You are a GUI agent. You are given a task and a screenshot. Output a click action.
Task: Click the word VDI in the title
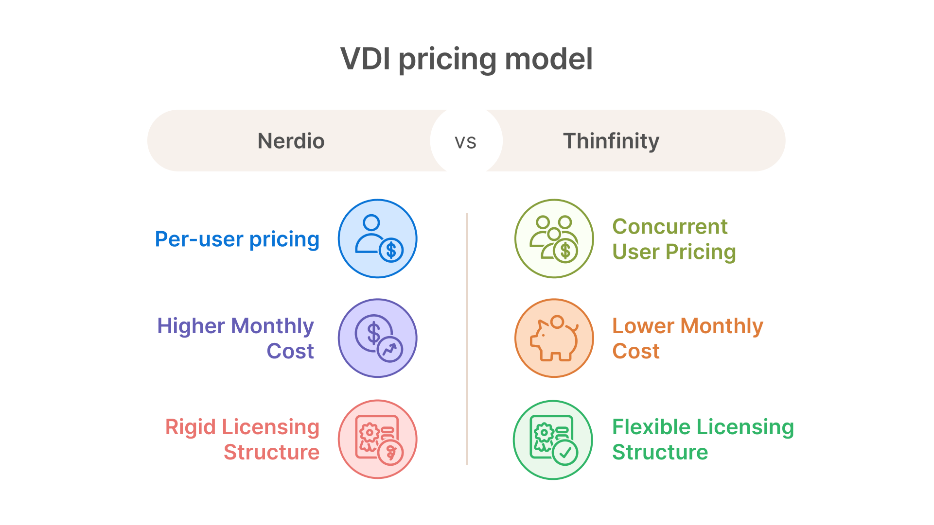(365, 59)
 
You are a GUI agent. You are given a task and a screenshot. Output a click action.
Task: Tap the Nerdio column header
(291, 141)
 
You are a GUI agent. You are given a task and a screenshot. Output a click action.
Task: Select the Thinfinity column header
(611, 141)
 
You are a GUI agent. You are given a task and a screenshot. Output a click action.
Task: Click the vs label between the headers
(466, 142)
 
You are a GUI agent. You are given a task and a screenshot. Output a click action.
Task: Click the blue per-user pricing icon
(378, 238)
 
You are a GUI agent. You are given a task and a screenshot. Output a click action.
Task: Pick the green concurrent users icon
(554, 238)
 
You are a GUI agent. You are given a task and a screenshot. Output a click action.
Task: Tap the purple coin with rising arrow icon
(378, 338)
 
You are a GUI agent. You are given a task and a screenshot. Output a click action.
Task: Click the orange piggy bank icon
(554, 338)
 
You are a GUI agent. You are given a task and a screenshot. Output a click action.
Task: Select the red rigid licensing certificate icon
(378, 439)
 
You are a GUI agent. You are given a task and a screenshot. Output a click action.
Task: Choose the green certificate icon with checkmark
(553, 440)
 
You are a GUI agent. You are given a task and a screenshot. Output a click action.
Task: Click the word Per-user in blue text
(199, 239)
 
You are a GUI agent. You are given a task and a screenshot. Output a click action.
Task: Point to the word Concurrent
(670, 227)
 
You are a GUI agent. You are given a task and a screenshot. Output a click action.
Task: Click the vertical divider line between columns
(467, 339)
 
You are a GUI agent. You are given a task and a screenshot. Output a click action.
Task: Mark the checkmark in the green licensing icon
(565, 453)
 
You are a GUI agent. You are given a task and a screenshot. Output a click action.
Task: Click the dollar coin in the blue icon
(391, 251)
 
